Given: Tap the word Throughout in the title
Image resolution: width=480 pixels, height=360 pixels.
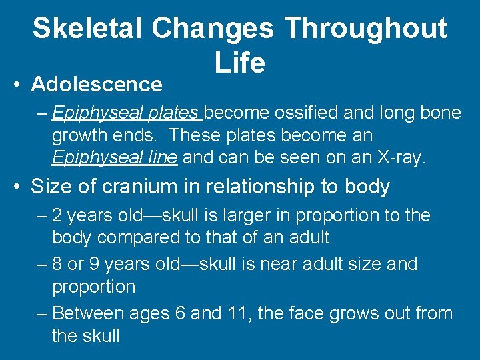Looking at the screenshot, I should coord(365,29).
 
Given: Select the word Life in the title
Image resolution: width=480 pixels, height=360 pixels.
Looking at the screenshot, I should coord(240,63).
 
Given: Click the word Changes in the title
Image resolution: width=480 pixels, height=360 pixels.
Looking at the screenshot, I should coord(212,29).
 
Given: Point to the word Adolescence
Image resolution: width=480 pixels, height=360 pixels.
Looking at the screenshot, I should coord(97,84).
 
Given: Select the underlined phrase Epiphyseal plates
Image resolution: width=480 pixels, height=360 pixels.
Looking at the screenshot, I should coord(127,113).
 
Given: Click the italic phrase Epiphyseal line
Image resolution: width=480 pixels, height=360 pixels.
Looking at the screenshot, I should coord(115,158).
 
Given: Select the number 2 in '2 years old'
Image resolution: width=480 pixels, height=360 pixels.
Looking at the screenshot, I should coord(57,215).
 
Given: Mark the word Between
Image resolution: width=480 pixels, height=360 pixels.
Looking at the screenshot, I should coord(85,313).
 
